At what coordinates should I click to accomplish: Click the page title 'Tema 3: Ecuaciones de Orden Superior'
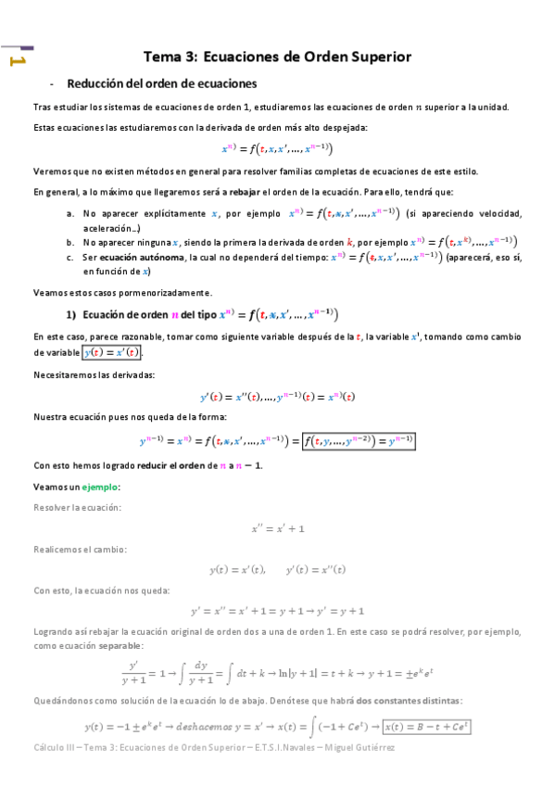[x=277, y=57]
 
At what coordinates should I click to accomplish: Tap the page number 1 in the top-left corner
[x=16, y=61]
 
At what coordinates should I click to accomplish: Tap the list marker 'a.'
[x=70, y=214]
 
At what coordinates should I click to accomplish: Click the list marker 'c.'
[x=70, y=257]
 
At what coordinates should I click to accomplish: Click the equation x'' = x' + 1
[x=278, y=528]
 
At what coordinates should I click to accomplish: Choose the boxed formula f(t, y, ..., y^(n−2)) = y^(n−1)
[x=358, y=441]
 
